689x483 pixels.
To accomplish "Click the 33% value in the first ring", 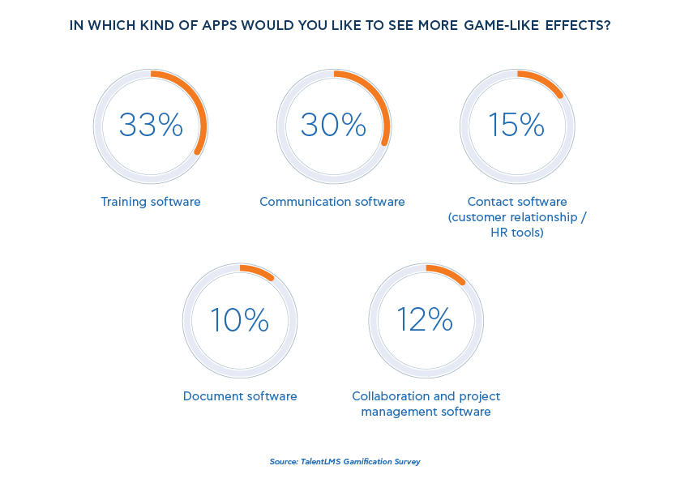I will click(151, 126).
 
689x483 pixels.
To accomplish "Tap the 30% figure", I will click(333, 126).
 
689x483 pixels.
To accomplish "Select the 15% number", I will click(516, 126).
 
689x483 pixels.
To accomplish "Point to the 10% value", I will click(239, 320).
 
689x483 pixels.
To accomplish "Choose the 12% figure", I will click(425, 320).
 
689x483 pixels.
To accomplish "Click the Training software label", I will click(151, 202).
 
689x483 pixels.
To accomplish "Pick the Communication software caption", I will click(332, 202).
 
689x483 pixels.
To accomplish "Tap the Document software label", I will click(240, 396).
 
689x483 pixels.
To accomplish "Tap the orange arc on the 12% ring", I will click(447, 273).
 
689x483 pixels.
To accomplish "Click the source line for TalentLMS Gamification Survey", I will click(344, 462).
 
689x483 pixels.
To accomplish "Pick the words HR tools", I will click(517, 233).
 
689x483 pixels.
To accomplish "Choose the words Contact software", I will click(517, 202).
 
